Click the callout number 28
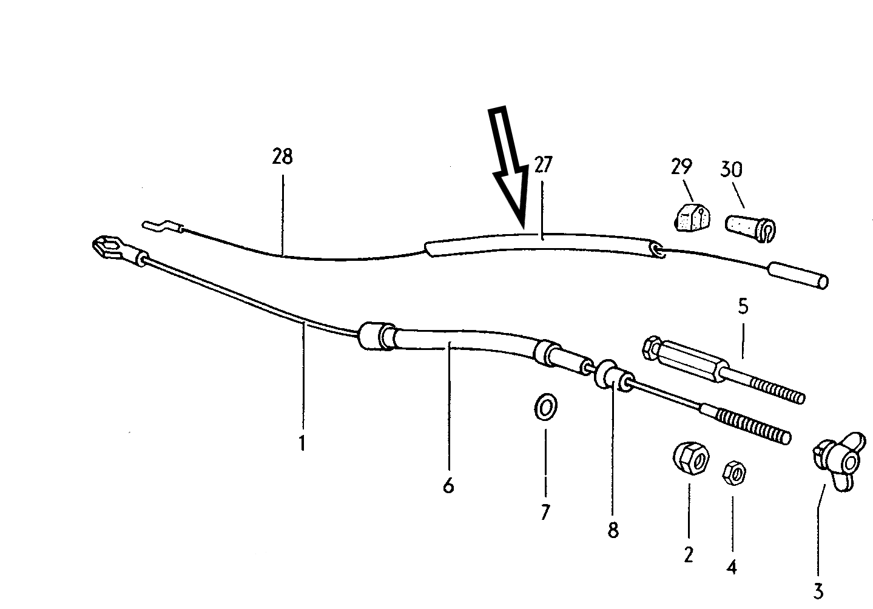point(282,157)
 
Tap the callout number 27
point(544,164)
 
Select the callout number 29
point(682,166)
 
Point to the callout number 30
point(731,169)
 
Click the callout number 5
point(743,306)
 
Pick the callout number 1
point(302,443)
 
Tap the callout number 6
point(448,485)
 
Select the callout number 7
point(545,513)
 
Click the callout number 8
point(613,530)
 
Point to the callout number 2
point(688,554)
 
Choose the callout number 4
point(732,567)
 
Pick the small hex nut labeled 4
point(733,472)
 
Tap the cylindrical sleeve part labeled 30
point(750,225)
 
